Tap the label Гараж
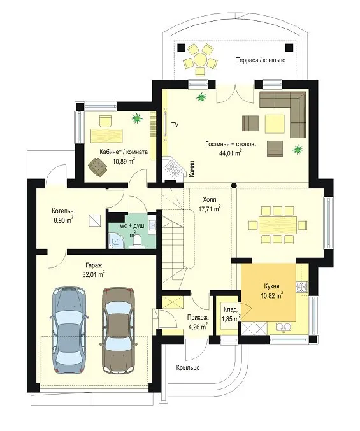point(94,265)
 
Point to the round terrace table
point(199,59)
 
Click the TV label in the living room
point(175,125)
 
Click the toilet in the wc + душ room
point(137,241)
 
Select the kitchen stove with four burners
point(302,287)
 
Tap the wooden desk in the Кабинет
point(106,135)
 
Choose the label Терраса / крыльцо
point(261,60)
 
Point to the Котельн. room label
point(63,211)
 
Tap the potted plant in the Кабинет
point(137,118)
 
